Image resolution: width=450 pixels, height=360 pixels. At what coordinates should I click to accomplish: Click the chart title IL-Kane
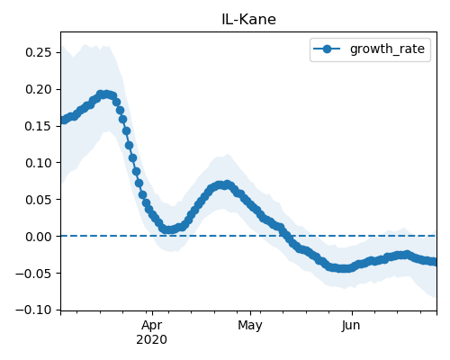click(248, 20)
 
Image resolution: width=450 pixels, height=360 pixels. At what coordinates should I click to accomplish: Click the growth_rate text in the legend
click(387, 49)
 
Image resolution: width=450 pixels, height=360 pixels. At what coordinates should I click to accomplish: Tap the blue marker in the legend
click(327, 49)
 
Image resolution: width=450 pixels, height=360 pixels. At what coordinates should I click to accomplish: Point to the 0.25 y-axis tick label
click(39, 52)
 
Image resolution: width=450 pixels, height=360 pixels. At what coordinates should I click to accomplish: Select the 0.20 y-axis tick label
click(39, 89)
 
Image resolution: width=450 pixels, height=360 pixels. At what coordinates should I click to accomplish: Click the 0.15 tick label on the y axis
click(39, 126)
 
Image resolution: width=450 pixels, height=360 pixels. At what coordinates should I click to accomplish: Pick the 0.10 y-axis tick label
click(39, 163)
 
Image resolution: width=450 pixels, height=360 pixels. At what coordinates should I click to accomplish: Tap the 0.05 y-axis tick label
click(39, 200)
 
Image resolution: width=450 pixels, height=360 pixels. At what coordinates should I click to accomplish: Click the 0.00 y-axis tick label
click(39, 237)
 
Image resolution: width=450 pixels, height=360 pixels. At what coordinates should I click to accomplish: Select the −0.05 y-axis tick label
click(34, 274)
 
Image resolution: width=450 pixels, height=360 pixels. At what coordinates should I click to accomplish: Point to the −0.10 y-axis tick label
click(34, 310)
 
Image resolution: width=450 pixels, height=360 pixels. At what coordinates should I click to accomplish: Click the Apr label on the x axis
click(152, 326)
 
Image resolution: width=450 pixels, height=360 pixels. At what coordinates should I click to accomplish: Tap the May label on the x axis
click(250, 326)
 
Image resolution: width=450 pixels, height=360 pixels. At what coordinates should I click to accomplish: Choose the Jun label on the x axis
click(351, 326)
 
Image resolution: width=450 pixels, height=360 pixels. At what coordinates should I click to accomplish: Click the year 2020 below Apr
click(151, 340)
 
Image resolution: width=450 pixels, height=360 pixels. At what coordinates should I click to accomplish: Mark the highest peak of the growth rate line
click(103, 94)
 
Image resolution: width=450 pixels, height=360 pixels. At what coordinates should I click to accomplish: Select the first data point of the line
click(63, 121)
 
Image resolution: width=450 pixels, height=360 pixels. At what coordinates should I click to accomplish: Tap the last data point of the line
click(434, 262)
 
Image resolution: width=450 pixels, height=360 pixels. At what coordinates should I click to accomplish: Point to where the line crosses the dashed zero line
click(287, 236)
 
